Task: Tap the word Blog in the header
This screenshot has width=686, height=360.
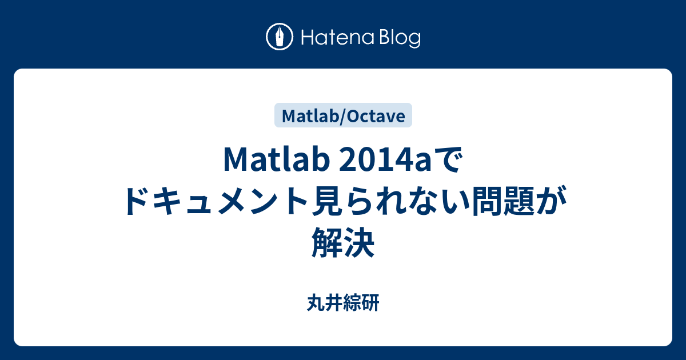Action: (398, 38)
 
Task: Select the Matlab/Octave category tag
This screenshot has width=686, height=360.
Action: (344, 116)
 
